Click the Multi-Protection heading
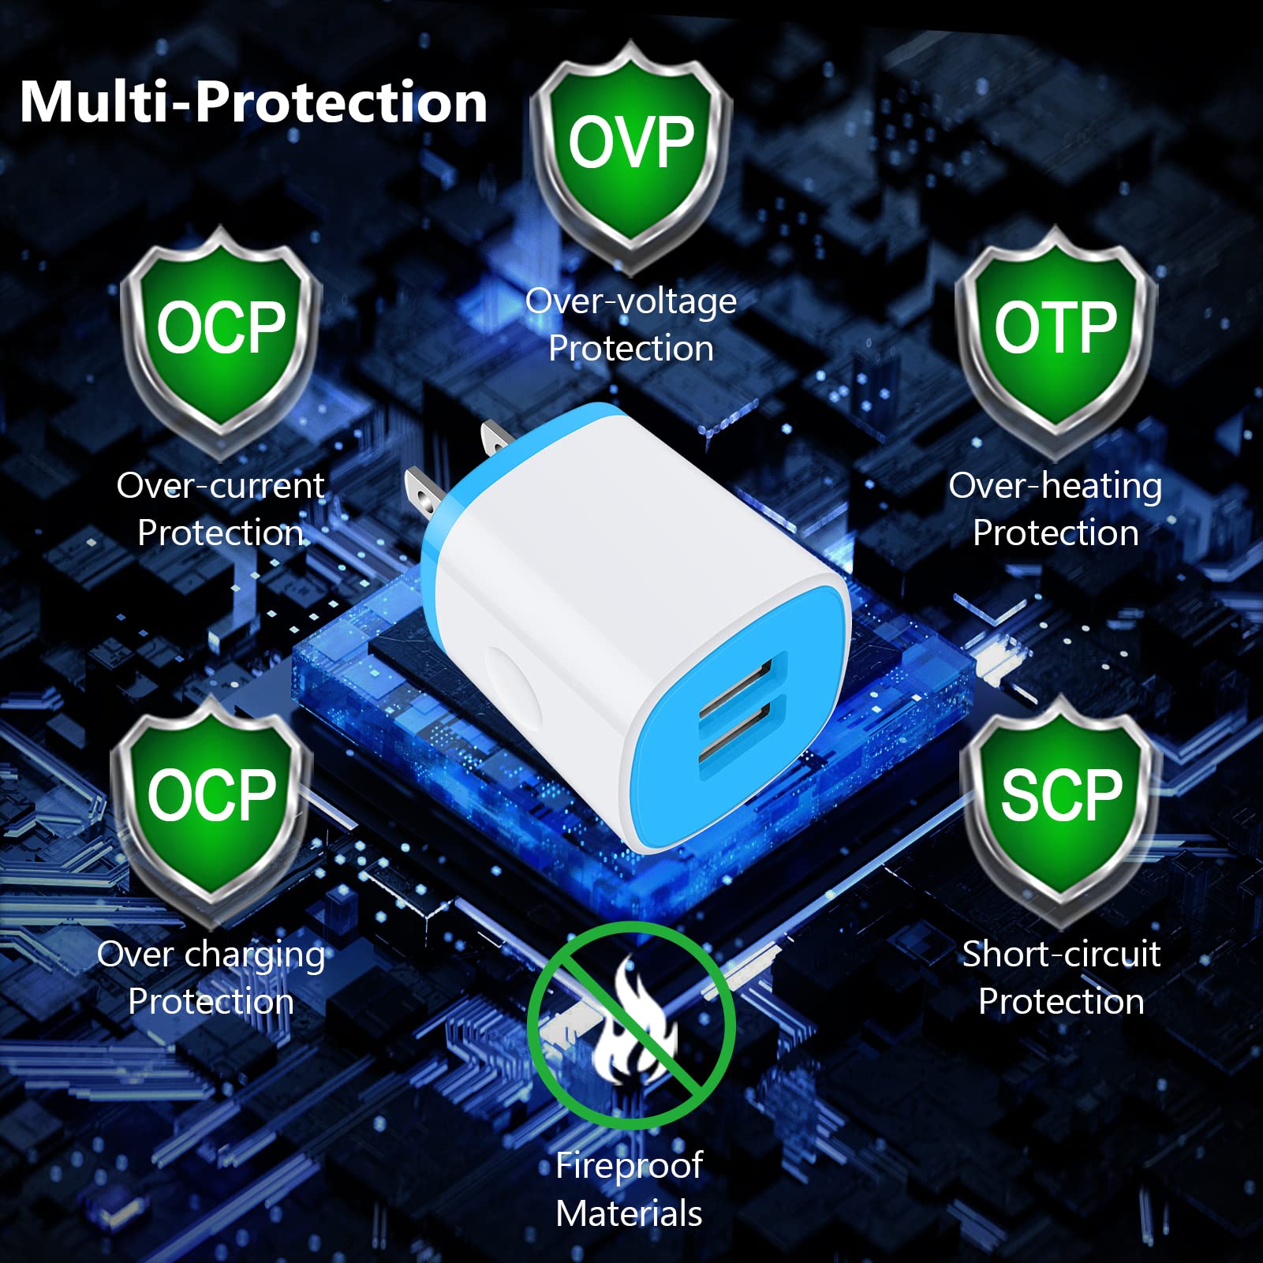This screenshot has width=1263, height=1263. [253, 103]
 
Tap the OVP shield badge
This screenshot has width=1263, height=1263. [630, 150]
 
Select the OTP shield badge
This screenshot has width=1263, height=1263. [1056, 331]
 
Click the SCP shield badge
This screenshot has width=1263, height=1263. [1060, 801]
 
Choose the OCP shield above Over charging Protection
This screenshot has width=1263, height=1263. [211, 801]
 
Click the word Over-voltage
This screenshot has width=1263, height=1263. [631, 301]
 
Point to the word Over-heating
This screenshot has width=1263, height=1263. [1055, 486]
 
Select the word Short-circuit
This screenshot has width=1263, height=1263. [1061, 955]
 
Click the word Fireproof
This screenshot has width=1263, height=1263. [629, 1166]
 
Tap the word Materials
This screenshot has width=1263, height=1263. [629, 1213]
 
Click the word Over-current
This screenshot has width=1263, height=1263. [221, 486]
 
